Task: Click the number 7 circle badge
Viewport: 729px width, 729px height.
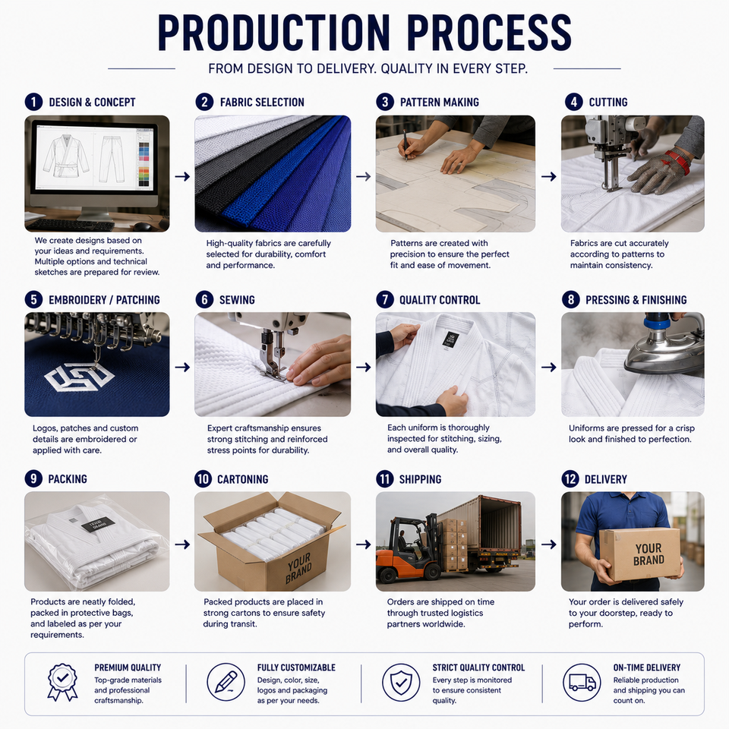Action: pos(385,300)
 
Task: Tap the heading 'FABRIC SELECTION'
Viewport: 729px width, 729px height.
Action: pos(262,103)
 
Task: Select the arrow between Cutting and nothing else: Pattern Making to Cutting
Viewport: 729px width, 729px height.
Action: pos(548,177)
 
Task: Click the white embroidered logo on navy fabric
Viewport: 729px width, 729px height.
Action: pos(79,376)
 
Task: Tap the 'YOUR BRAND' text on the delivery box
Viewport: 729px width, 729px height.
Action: pos(649,554)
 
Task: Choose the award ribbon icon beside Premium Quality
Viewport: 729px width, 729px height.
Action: pos(63,682)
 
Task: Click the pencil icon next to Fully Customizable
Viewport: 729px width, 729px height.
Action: pos(226,682)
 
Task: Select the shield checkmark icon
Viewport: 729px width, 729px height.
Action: pos(401,682)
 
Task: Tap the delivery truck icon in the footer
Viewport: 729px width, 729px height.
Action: pos(582,682)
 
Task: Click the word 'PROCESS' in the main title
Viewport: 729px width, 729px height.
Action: pos(489,33)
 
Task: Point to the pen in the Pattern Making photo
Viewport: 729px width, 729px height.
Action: pos(405,146)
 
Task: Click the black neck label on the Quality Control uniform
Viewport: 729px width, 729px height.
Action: pos(450,340)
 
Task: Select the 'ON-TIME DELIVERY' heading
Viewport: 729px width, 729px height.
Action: pos(647,667)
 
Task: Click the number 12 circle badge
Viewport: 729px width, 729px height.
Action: pos(570,479)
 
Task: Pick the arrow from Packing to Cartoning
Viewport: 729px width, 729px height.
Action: pos(182,544)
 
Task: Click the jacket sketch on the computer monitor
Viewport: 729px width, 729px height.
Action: pos(65,156)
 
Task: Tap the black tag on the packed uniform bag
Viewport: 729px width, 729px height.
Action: pos(98,524)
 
